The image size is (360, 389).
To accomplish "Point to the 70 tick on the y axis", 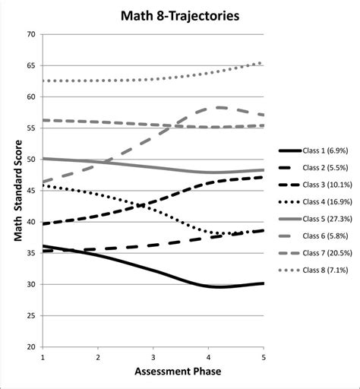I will click(30, 34).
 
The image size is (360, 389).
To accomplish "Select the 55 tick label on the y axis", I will click(30, 128).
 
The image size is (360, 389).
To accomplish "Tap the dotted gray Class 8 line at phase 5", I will click(261, 63).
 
